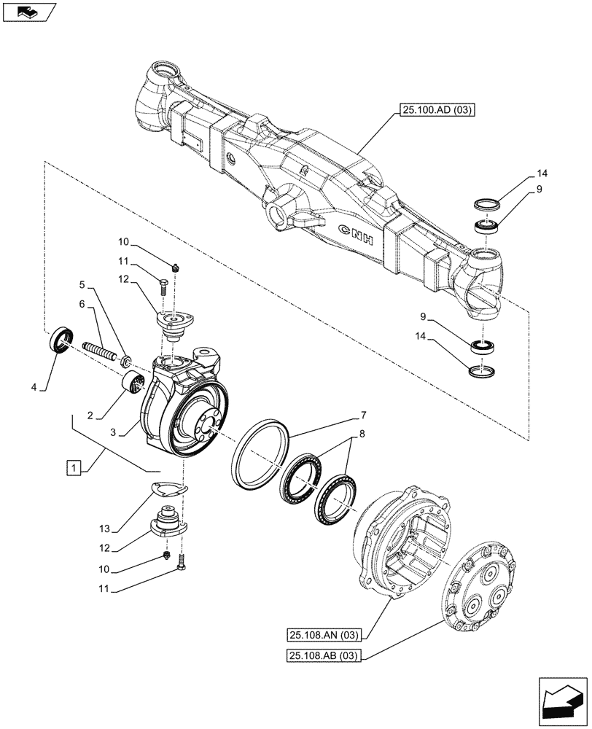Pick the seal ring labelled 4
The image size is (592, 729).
click(61, 340)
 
